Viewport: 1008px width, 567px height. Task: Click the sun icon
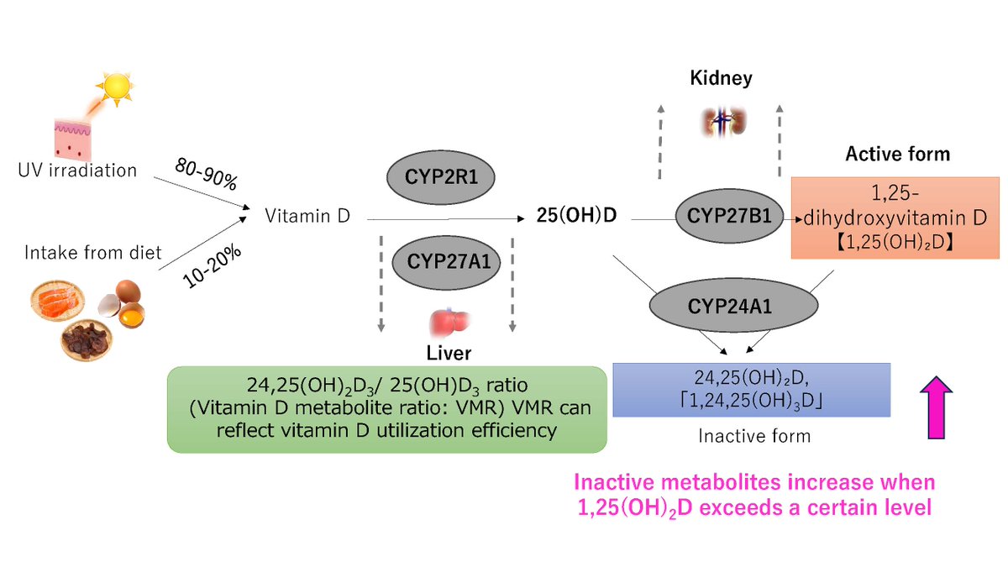[116, 88]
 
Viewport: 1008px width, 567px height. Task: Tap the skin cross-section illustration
[72, 140]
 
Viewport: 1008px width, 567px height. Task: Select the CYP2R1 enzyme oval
[440, 177]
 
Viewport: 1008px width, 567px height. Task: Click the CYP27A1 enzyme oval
[446, 262]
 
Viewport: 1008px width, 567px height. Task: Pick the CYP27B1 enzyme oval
[729, 216]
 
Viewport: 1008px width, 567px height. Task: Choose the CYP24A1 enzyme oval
[733, 306]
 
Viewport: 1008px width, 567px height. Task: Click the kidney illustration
[723, 122]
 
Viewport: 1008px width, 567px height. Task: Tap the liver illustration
[449, 323]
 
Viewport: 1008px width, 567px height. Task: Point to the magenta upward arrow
[936, 407]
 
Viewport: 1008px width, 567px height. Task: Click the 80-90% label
[206, 174]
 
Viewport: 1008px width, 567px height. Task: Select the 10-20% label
[212, 266]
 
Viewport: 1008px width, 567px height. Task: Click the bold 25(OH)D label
[576, 216]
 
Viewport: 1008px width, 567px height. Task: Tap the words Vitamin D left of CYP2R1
[307, 216]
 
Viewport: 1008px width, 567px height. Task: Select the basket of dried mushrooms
[87, 340]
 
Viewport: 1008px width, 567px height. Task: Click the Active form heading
[898, 154]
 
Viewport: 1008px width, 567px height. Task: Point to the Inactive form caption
[754, 436]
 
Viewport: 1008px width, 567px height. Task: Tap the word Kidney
[721, 78]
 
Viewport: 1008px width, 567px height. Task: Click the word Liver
[449, 354]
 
